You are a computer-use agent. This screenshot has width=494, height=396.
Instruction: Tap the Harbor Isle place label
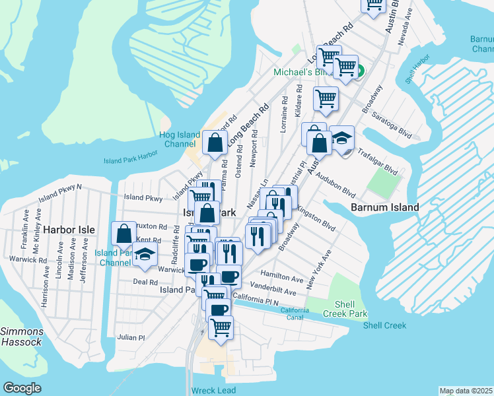[69, 230]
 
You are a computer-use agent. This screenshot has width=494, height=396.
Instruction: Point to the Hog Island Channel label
[180, 139]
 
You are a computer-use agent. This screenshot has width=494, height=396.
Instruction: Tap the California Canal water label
[294, 313]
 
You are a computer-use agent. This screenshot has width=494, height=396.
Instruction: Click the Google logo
[22, 387]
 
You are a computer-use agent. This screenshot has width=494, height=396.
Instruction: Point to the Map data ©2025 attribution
[466, 391]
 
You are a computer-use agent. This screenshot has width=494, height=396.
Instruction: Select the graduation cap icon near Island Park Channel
[145, 254]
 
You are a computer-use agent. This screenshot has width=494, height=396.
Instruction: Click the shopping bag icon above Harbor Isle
[123, 232]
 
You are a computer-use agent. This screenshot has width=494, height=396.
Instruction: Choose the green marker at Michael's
[361, 71]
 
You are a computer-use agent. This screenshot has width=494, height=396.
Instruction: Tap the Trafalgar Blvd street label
[376, 160]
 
